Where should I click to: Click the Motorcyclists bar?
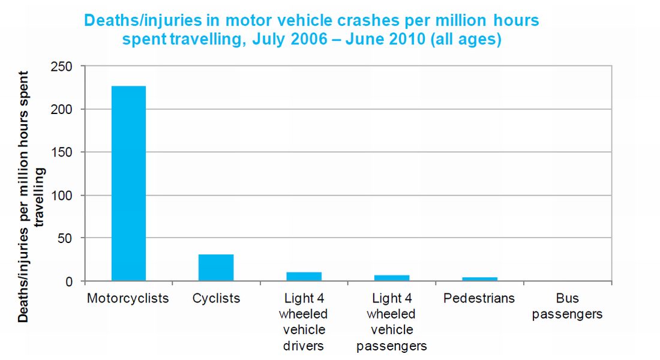(x=128, y=184)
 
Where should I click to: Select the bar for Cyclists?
(x=216, y=268)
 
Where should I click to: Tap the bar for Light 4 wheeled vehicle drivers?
(x=304, y=277)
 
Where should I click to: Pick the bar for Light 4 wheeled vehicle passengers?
(x=392, y=278)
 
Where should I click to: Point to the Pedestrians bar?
(x=479, y=279)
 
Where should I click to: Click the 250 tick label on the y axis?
(x=63, y=67)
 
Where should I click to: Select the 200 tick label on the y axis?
(x=63, y=109)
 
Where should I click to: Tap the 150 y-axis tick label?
(x=63, y=152)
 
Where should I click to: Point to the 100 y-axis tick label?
(x=63, y=196)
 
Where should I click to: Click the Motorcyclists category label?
(x=128, y=298)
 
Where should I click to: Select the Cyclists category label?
(x=216, y=298)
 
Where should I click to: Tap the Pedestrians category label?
(x=479, y=298)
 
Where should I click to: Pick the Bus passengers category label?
(x=567, y=306)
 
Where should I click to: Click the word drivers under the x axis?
(x=304, y=346)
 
